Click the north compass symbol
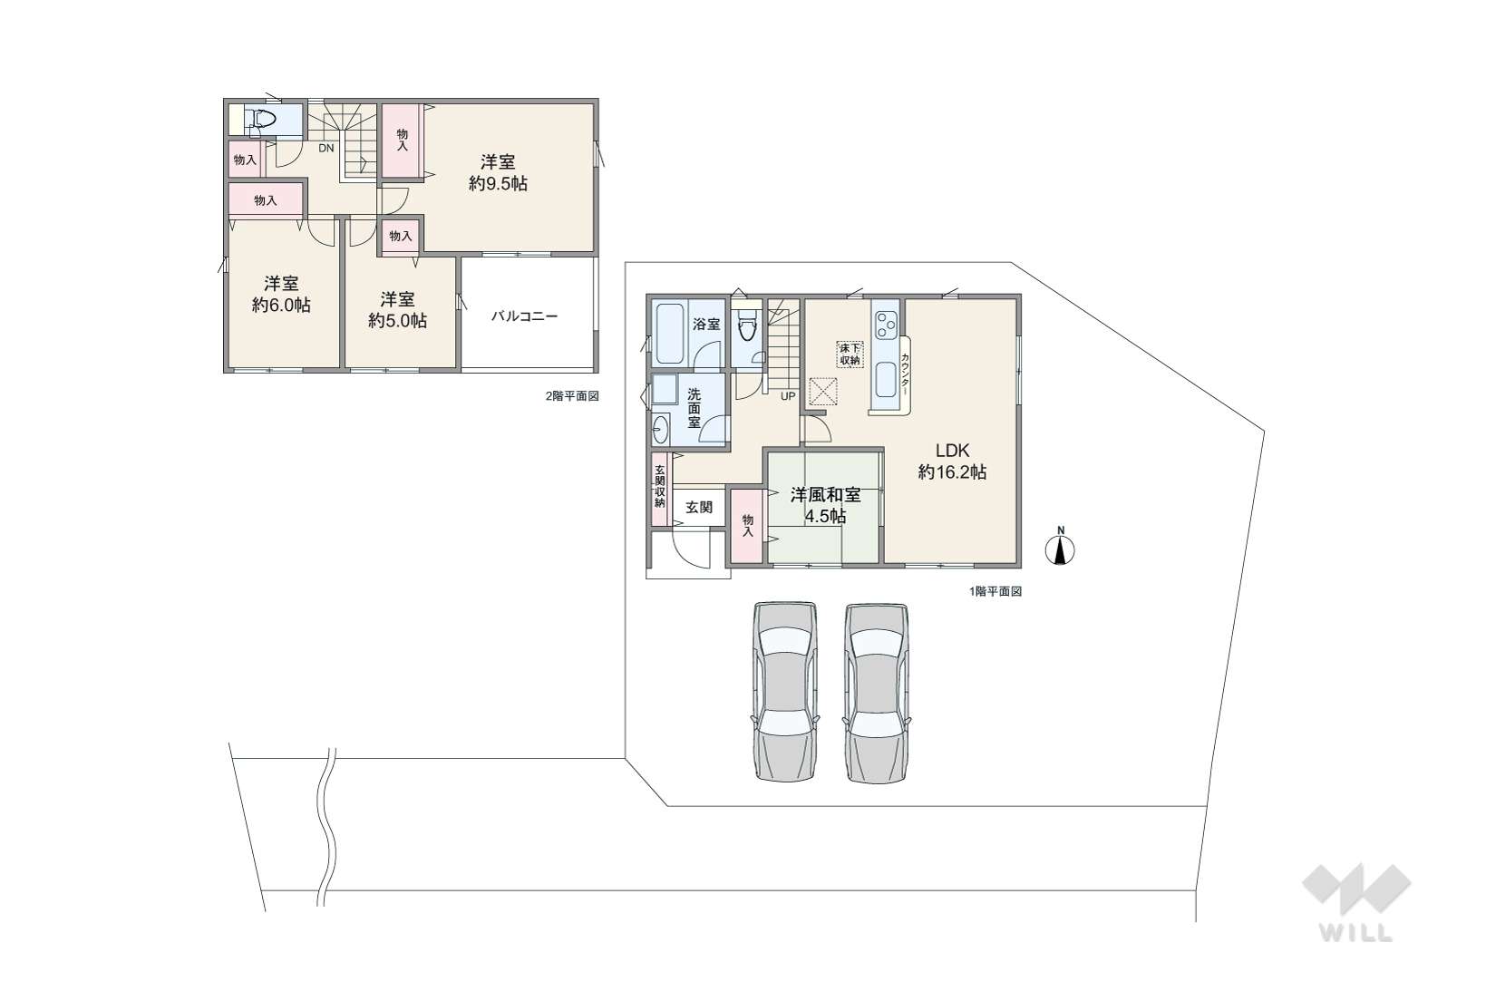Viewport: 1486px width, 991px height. [1060, 548]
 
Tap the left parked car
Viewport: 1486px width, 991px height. [785, 691]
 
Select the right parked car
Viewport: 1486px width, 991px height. [877, 693]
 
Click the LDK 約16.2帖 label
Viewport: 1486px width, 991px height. [952, 461]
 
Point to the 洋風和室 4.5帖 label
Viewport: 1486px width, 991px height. [825, 505]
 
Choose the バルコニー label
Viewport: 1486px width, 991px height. [524, 316]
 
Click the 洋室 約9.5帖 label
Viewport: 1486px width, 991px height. [498, 172]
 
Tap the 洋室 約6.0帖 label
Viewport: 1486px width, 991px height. [281, 294]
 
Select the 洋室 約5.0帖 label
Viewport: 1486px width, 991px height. [397, 310]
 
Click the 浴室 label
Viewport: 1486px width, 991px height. [706, 325]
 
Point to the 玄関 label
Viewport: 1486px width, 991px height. [698, 508]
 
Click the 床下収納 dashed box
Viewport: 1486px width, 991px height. [850, 355]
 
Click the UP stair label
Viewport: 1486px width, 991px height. [788, 396]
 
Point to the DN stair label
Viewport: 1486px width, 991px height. [325, 149]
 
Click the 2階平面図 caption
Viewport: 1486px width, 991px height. [572, 396]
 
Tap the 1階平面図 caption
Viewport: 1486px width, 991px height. [995, 591]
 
